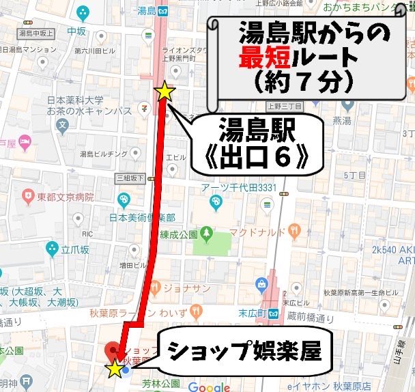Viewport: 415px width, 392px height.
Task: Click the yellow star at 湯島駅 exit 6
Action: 165,91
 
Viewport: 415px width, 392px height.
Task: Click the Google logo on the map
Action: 209,387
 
